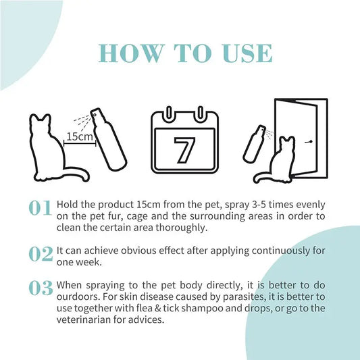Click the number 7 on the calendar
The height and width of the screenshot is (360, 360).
(184, 150)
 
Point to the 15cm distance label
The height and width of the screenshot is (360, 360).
(80, 137)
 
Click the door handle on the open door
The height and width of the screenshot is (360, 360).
(309, 143)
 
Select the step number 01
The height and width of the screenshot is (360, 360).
(40, 208)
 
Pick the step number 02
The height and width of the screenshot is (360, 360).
(41, 254)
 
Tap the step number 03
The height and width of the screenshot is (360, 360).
(41, 288)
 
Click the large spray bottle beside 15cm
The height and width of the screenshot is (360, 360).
(109, 139)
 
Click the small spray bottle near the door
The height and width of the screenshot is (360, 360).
(255, 143)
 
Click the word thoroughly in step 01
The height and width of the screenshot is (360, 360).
(182, 228)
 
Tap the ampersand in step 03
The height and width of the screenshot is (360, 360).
(158, 309)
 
